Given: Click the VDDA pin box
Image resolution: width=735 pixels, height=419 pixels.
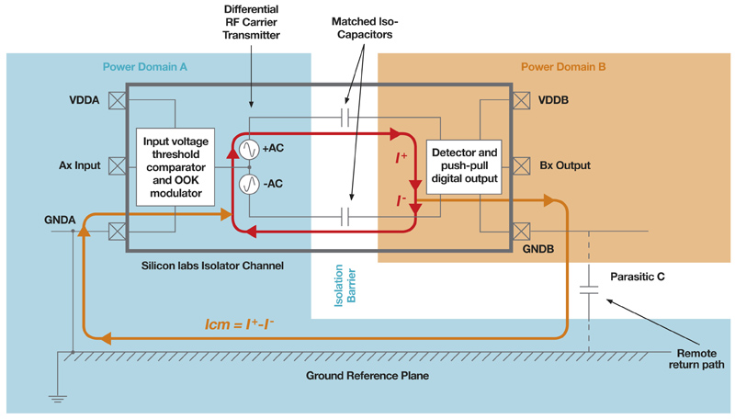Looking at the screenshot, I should pyautogui.click(x=117, y=99).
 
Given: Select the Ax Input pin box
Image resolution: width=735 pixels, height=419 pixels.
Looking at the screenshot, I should pyautogui.click(x=117, y=165).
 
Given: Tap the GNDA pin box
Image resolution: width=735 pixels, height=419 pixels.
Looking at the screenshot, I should pyautogui.click(x=117, y=232).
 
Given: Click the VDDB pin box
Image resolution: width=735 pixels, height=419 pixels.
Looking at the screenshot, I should pyautogui.click(x=521, y=99).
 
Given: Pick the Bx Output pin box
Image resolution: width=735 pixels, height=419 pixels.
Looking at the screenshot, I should pyautogui.click(x=521, y=165).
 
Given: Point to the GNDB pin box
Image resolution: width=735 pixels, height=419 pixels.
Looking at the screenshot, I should pyautogui.click(x=521, y=232).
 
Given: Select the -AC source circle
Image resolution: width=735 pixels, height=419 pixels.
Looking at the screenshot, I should pyautogui.click(x=249, y=184).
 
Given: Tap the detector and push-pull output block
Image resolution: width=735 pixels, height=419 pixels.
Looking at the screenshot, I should pyautogui.click(x=465, y=166).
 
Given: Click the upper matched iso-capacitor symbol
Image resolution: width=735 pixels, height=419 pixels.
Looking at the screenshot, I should pyautogui.click(x=346, y=118).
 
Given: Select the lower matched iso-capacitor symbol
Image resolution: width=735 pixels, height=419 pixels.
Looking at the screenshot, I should pyautogui.click(x=346, y=217).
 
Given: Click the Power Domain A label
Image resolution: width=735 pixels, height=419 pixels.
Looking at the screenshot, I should pyautogui.click(x=145, y=67).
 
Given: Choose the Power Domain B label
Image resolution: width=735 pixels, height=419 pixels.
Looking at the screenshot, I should pyautogui.click(x=563, y=67).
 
